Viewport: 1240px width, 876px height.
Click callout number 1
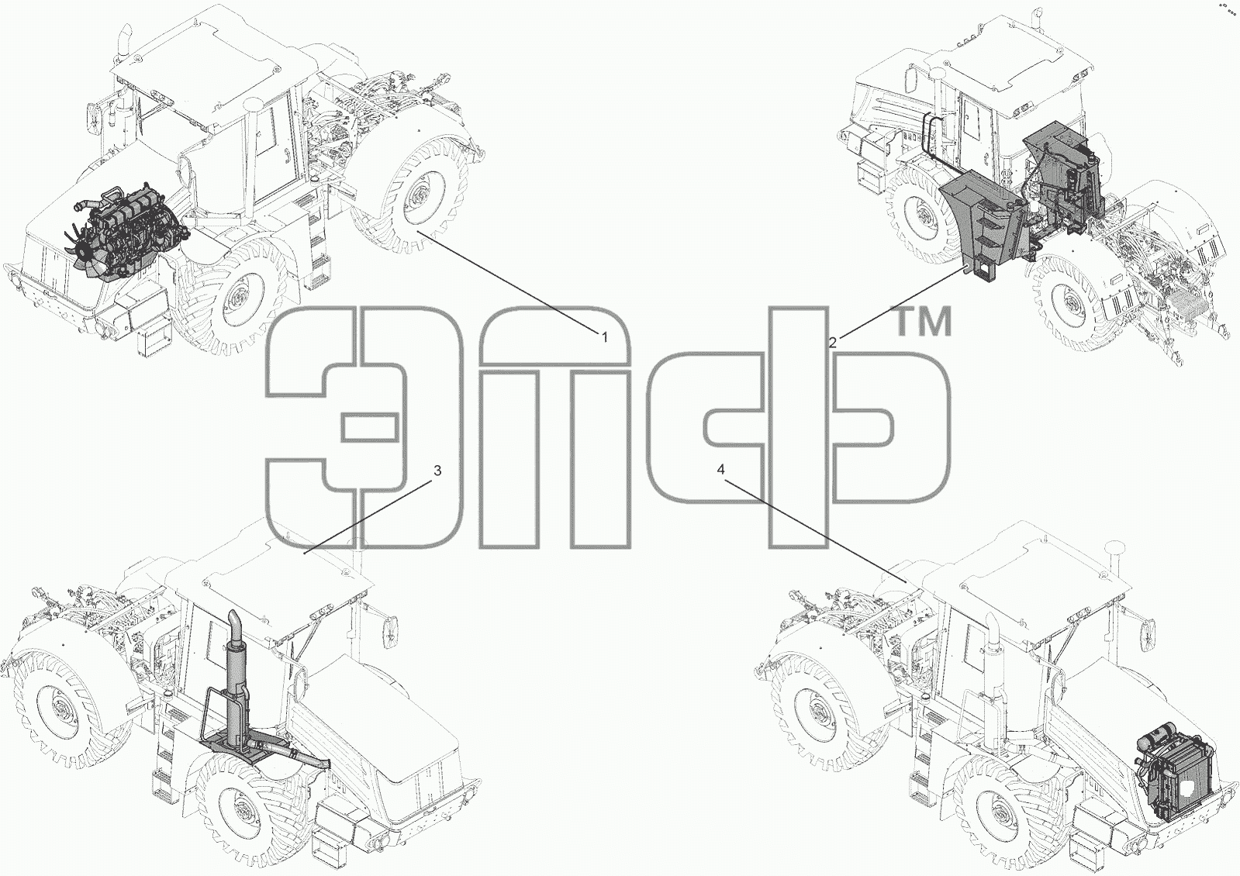[605, 337]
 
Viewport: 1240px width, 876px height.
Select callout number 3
[437, 471]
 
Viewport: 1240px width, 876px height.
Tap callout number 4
[720, 469]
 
